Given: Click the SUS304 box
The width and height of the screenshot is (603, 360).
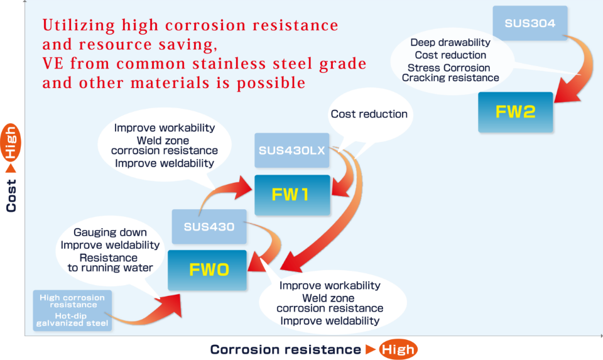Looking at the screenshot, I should tap(530, 23).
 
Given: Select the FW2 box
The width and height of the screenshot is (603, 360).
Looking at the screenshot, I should tap(515, 112).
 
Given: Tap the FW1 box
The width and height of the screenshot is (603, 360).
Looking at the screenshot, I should tap(291, 194).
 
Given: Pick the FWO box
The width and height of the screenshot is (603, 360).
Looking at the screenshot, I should tap(209, 270).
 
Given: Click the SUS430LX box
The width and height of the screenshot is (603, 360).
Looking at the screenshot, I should tap(291, 151).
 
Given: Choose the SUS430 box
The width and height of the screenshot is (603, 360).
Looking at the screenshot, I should tap(209, 226).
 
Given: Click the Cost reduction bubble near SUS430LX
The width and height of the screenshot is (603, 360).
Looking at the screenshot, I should tap(369, 114).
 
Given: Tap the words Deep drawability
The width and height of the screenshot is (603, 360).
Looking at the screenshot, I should tap(450, 43).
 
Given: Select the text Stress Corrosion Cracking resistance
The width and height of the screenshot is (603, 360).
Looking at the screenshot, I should tap(450, 73).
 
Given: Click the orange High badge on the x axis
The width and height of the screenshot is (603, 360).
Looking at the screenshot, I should tap(398, 350).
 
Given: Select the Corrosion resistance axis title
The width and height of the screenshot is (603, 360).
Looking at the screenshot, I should tap(285, 350).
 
